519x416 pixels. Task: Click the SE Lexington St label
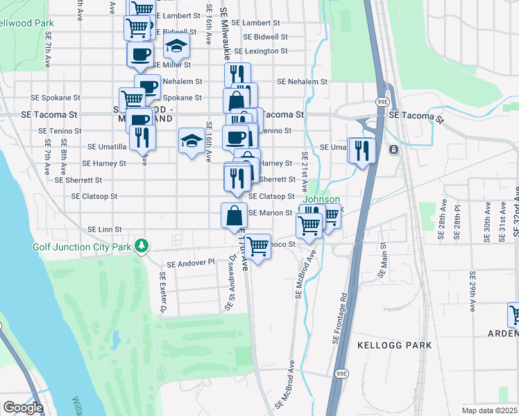pos(260,51)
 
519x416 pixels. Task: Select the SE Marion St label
pos(270,213)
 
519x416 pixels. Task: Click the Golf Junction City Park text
pos(81,247)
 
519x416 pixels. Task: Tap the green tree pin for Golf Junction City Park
pos(142,245)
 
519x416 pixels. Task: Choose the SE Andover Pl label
pos(192,263)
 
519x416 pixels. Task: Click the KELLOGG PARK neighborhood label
pos(394,345)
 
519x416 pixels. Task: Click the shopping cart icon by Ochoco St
pos(257,246)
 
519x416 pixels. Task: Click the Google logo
pos(23,408)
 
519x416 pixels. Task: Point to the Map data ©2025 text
pos(489,410)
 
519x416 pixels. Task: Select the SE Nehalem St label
pos(302,82)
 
